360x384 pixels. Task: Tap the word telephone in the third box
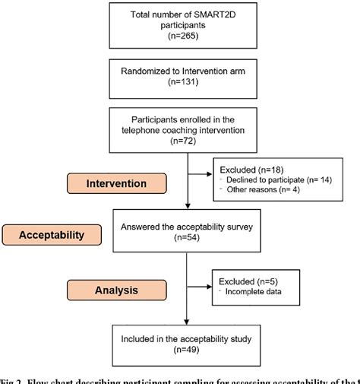coord(137,130)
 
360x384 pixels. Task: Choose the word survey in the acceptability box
coord(232,226)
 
